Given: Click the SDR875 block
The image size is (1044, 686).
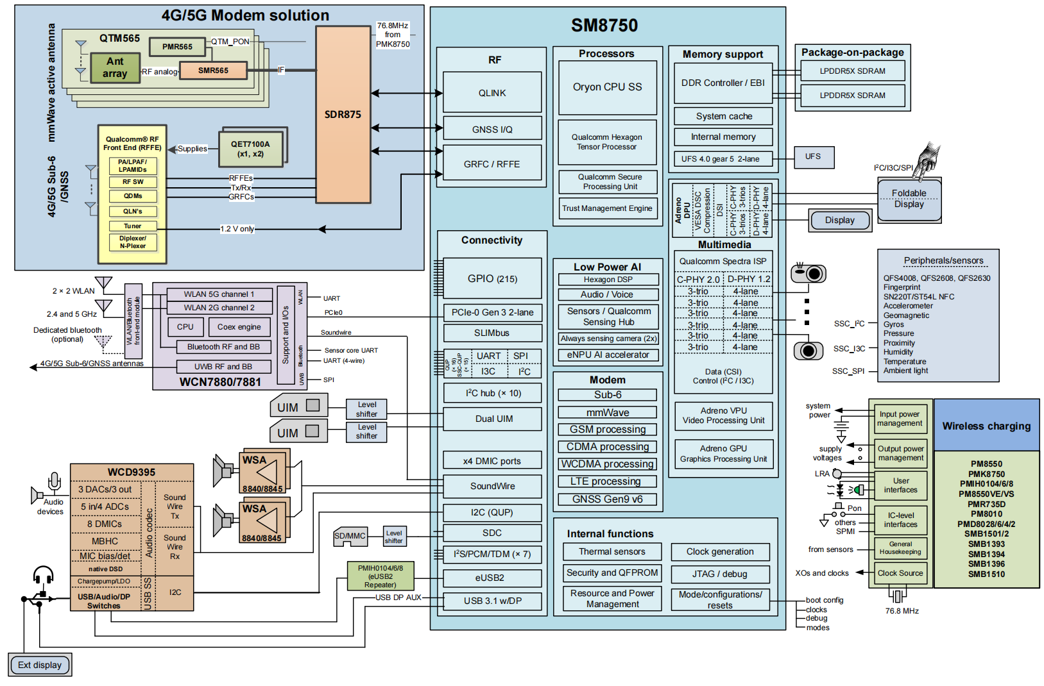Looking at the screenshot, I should [x=343, y=115].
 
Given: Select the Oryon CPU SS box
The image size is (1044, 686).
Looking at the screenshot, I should [x=607, y=87].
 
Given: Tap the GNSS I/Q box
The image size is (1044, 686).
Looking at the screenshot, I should [x=492, y=129].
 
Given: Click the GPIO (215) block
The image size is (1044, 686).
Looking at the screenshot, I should [x=492, y=278].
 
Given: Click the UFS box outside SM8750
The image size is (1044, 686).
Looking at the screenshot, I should [x=812, y=156].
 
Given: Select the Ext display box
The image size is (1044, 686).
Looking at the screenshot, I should [x=40, y=665].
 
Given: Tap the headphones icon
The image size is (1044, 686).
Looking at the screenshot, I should [x=43, y=574].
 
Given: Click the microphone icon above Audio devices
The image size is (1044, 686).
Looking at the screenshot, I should [x=55, y=481].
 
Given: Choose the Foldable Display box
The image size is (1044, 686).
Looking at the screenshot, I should [x=909, y=199].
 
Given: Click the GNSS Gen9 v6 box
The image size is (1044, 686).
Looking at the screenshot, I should [x=607, y=499].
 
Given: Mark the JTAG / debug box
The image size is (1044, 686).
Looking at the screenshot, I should [x=719, y=574].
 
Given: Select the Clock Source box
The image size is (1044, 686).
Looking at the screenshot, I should [x=900, y=573].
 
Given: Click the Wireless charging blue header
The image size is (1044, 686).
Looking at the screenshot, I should [x=986, y=426].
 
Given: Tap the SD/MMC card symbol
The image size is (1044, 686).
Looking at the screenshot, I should [x=350, y=537].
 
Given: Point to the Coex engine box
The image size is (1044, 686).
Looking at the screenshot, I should [x=239, y=327].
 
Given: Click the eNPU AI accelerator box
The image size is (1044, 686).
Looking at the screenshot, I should [x=608, y=355].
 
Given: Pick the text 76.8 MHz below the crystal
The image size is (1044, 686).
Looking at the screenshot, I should [x=902, y=611].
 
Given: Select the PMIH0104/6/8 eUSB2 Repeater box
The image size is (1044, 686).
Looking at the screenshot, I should [x=381, y=576].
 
